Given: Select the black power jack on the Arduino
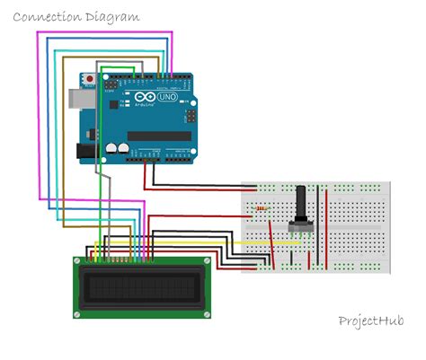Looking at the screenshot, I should click(86, 150).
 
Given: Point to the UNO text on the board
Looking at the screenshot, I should click(167, 95).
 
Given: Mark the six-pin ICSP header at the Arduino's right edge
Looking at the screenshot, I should click(191, 116).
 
